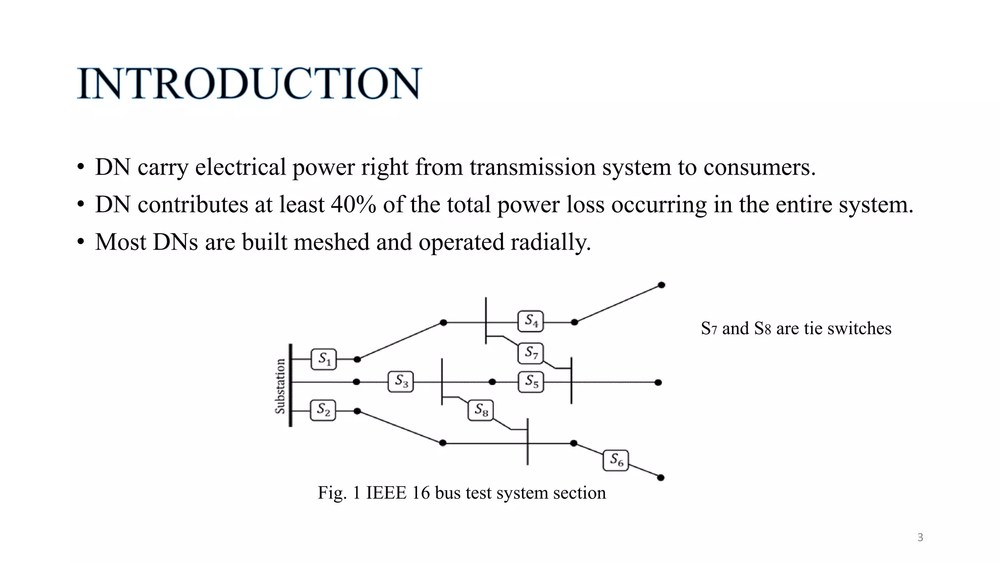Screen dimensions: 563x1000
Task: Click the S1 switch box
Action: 324,359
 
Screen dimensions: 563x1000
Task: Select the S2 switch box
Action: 323,410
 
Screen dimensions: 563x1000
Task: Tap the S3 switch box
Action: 401,381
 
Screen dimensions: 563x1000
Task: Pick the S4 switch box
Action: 531,321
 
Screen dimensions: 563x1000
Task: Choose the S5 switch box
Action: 531,382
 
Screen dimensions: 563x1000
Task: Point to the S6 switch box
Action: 616,460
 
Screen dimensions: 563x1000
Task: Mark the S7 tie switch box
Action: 531,353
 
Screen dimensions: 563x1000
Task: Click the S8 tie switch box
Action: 481,410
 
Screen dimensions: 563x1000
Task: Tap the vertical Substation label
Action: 280,386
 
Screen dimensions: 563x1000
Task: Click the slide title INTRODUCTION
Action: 249,84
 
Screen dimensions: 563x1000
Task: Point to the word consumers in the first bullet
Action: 759,167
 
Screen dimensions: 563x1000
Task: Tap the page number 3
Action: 920,538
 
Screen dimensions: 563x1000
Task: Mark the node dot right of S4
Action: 574,322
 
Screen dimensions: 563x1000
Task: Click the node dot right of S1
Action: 357,359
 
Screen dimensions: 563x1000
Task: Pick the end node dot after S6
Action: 661,477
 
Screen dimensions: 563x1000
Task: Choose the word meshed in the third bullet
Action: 332,242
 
